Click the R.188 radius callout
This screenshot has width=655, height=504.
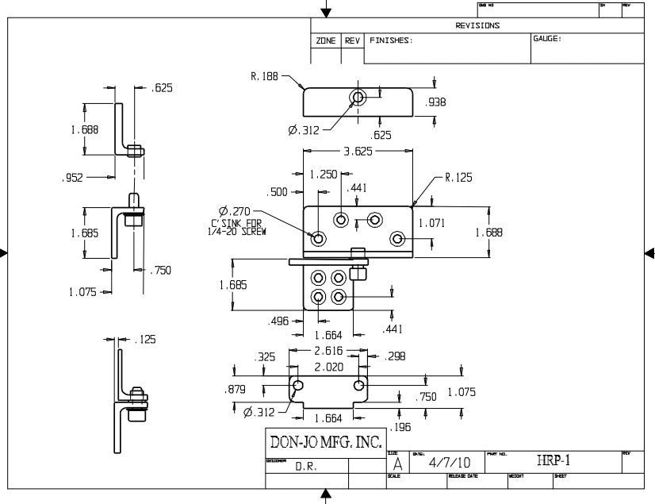tap(265, 77)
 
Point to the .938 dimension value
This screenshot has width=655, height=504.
tap(435, 102)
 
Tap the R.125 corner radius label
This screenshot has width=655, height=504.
tap(458, 178)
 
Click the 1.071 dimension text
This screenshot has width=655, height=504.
tap(431, 223)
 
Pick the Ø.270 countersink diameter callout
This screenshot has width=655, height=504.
tap(236, 210)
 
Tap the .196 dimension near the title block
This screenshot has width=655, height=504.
tap(400, 427)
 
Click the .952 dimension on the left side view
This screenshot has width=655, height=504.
tap(72, 179)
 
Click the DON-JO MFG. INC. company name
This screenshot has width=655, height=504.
tap(326, 441)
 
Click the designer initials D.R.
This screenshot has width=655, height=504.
tap(306, 467)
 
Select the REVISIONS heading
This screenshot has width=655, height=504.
tap(477, 25)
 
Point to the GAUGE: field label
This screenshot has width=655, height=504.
tap(547, 39)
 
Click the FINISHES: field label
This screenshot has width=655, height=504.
tap(392, 40)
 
